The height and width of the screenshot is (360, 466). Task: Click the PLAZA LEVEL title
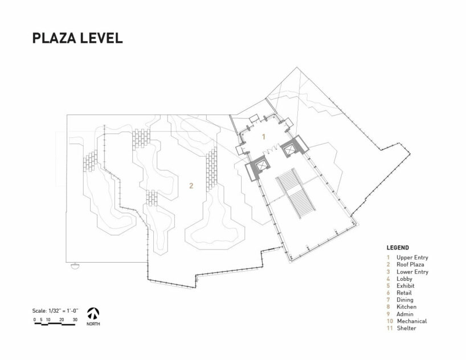coord(77,38)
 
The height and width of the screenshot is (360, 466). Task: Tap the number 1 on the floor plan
coord(263,137)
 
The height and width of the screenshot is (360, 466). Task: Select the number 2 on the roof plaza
coord(191,186)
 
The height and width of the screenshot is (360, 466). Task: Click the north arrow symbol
coord(93,314)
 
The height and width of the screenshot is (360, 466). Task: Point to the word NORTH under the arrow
coord(93,324)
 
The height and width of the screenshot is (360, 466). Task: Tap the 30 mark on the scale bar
coord(75,320)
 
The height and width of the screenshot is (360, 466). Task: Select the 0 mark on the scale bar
coord(35,320)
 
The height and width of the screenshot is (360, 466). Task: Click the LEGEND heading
coord(398,248)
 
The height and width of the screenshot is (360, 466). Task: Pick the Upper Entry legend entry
coord(412,257)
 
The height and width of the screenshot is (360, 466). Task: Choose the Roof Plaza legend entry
coord(410,264)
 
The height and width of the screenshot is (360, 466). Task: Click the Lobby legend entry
coord(404,279)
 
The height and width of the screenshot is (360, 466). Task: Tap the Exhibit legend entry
coord(406,286)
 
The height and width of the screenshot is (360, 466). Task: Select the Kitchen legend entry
coord(406,307)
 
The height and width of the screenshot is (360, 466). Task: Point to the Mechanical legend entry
coord(412,321)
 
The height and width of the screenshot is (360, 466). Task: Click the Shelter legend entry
coord(406,328)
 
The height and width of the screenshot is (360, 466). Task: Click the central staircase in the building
coord(296,193)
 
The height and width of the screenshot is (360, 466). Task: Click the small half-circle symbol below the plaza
coord(75,265)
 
